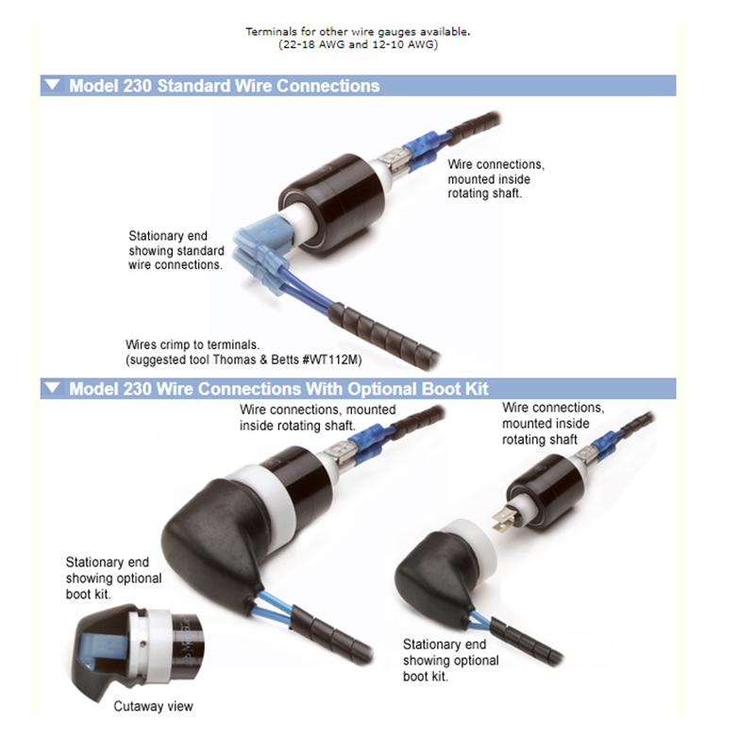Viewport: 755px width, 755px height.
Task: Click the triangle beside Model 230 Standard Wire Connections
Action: pyautogui.click(x=52, y=85)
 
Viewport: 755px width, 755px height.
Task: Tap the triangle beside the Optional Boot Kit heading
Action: pyautogui.click(x=52, y=388)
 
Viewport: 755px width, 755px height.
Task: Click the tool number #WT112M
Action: pyautogui.click(x=332, y=360)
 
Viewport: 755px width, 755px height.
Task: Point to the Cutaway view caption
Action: pyautogui.click(x=153, y=706)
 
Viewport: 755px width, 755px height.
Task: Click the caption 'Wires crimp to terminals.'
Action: pyautogui.click(x=193, y=344)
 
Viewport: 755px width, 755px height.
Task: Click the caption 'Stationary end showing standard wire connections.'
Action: pyautogui.click(x=176, y=250)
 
